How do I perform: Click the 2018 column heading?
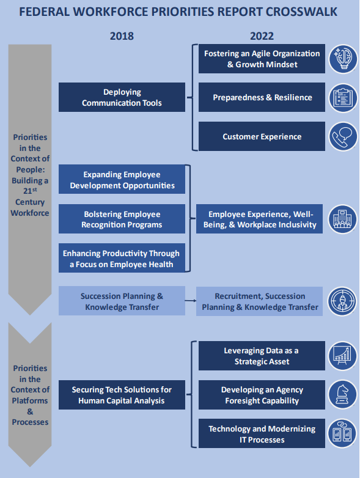(x=122, y=36)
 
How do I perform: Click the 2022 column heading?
(x=262, y=36)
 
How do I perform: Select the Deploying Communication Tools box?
(x=122, y=97)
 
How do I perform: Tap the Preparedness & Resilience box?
(x=262, y=97)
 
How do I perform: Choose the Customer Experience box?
(x=262, y=136)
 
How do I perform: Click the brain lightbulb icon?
(x=343, y=59)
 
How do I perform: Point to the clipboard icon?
(x=343, y=98)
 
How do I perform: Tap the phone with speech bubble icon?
(x=343, y=136)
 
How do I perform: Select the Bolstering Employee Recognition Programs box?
(x=122, y=219)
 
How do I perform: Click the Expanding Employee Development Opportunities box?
(x=122, y=179)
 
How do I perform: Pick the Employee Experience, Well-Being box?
(x=259, y=219)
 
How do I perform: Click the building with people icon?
(x=342, y=219)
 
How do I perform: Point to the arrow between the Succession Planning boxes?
(x=191, y=301)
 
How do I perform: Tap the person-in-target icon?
(x=342, y=301)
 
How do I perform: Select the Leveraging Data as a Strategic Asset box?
(x=262, y=356)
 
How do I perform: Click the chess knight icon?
(x=343, y=394)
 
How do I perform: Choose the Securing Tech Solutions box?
(x=122, y=395)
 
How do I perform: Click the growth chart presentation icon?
(x=343, y=356)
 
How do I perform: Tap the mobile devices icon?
(x=343, y=433)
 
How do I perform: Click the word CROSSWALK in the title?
(x=301, y=12)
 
